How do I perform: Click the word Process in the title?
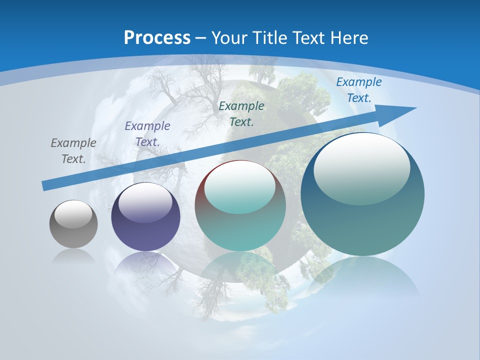[x=157, y=38]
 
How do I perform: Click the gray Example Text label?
[x=73, y=150]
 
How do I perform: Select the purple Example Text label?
[x=147, y=133]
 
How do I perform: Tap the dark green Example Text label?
[x=241, y=113]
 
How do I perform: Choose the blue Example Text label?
[x=358, y=90]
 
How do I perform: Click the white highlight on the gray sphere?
[x=73, y=214]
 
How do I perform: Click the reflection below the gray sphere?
[x=73, y=256]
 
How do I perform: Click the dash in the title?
[x=200, y=38]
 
